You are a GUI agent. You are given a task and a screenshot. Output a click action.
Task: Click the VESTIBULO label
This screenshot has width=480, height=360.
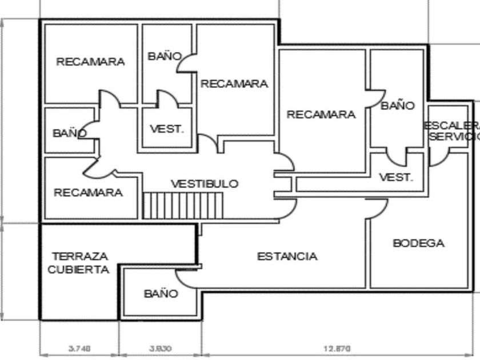205,184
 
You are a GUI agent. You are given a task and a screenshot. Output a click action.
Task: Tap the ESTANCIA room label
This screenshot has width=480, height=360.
287,257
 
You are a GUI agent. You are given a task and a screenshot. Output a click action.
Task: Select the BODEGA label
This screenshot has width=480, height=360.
418,243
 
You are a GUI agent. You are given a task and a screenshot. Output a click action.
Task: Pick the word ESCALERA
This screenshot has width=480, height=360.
452,125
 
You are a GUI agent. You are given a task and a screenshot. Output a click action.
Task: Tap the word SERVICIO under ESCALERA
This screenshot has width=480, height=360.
454,137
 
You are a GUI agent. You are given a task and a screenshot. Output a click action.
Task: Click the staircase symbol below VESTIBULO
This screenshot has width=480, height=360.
182,205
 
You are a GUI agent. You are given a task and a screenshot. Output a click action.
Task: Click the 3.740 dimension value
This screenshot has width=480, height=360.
79,347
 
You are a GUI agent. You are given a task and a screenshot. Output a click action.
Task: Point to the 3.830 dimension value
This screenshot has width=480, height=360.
161,347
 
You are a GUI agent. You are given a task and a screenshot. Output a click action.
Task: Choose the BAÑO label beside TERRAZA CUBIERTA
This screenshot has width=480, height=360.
161,294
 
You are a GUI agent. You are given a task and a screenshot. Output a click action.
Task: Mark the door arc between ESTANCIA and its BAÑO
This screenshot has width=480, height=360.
185,278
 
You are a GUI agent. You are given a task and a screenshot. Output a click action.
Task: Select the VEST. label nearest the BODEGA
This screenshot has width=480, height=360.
396,177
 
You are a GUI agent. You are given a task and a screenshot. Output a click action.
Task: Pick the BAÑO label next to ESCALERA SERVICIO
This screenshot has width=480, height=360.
398,105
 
